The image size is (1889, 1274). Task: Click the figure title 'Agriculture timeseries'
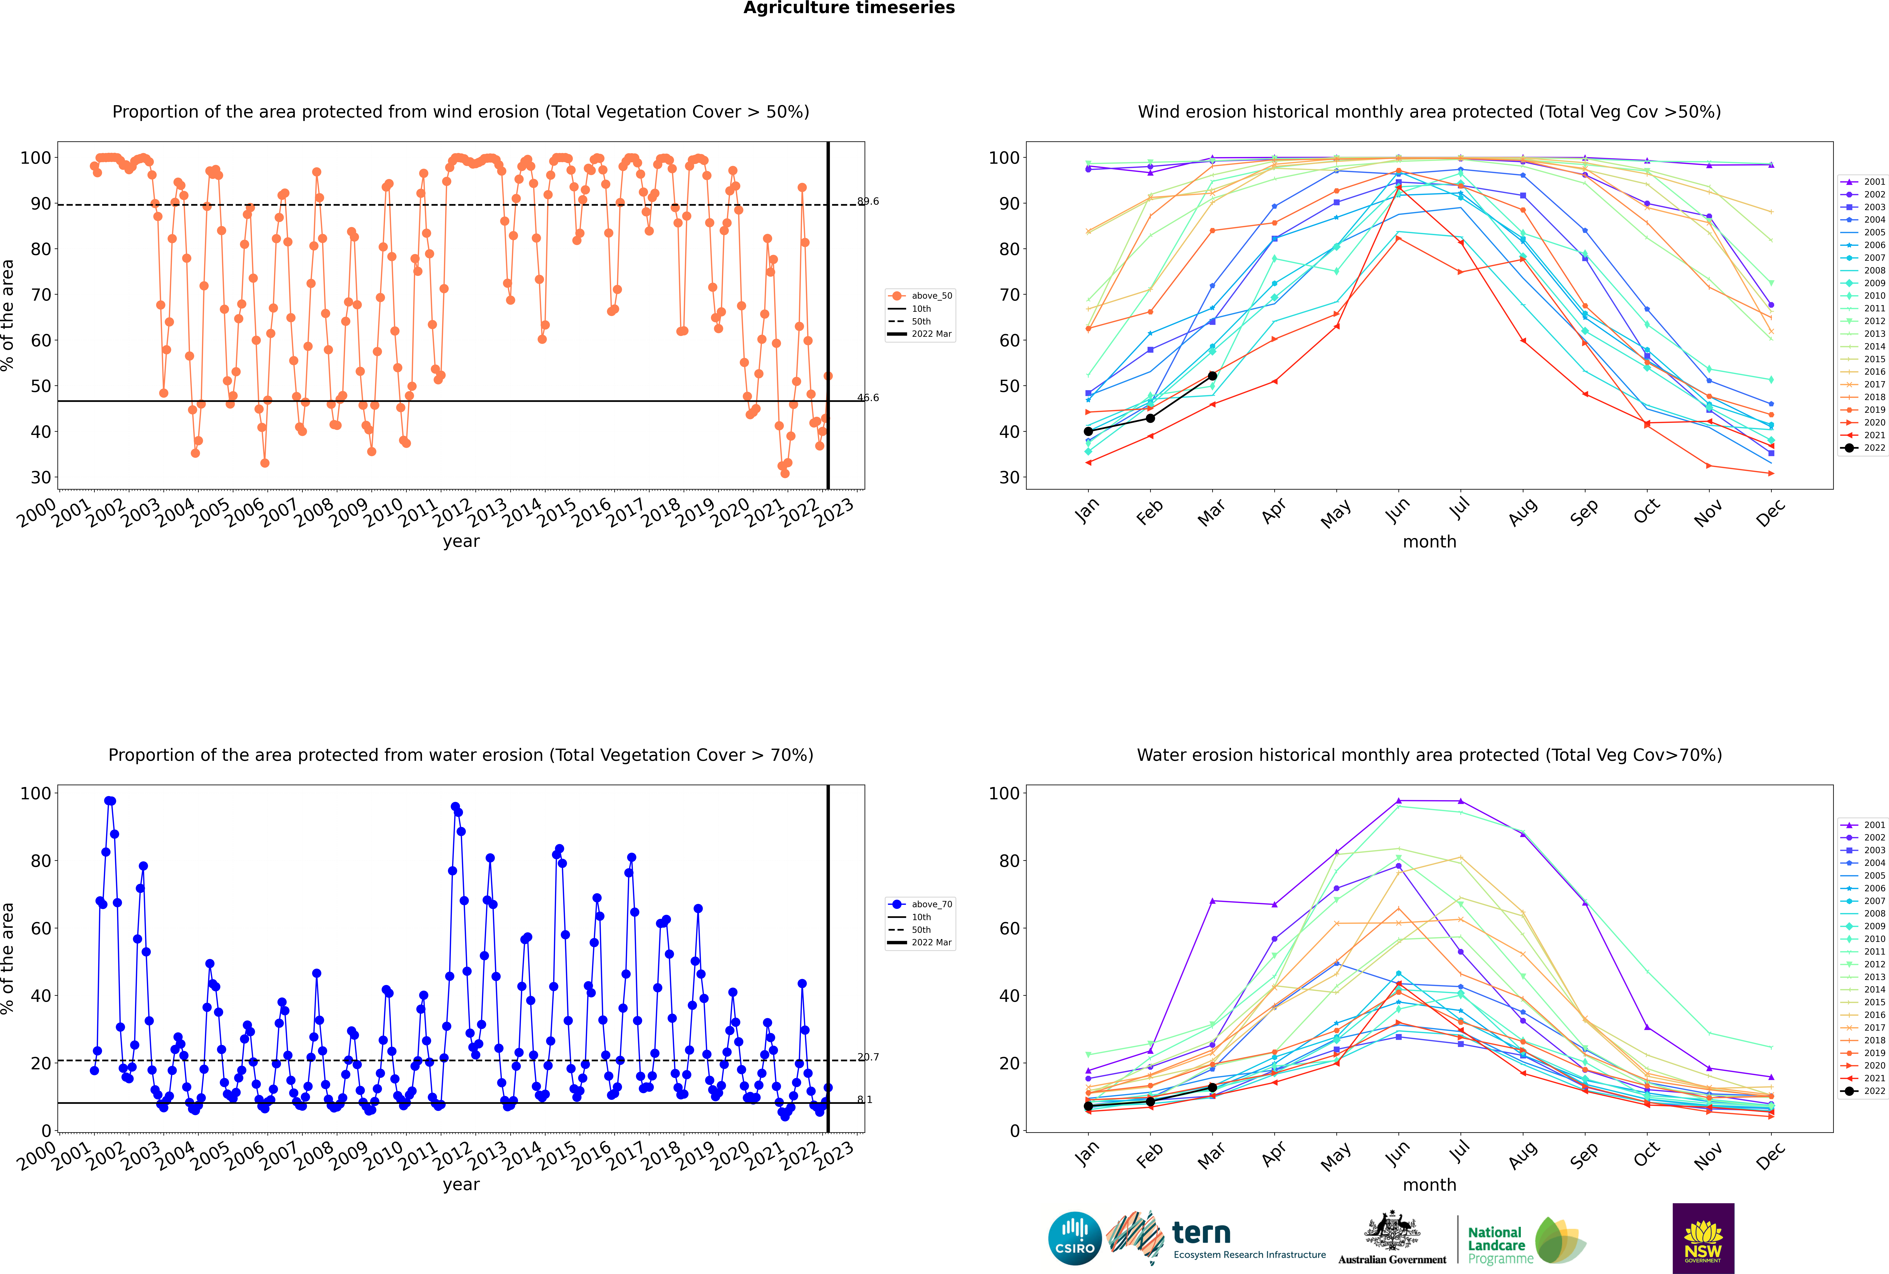(x=849, y=8)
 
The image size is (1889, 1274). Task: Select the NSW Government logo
(x=1703, y=1238)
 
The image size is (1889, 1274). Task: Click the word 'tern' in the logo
(x=1201, y=1233)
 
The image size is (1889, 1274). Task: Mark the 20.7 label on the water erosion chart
(x=868, y=1057)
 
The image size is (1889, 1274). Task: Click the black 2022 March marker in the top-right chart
(x=1212, y=376)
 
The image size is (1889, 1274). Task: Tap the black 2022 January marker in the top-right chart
(x=1088, y=432)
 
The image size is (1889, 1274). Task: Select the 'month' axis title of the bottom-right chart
(x=1429, y=1185)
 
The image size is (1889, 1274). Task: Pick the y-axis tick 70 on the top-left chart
(x=42, y=295)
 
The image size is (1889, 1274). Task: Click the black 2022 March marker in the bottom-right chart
(x=1212, y=1087)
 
